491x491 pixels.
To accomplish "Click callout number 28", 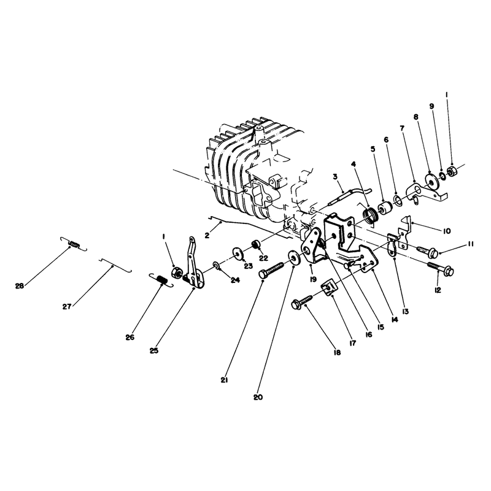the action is [x=20, y=285].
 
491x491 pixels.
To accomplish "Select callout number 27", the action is [x=67, y=306].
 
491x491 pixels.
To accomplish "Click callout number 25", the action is [x=154, y=350].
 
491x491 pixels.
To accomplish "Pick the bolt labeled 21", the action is [x=271, y=270].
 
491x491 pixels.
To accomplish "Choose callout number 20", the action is [x=258, y=397].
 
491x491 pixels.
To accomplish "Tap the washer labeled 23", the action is [x=238, y=253].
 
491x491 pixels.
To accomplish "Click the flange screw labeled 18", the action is [x=302, y=301].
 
